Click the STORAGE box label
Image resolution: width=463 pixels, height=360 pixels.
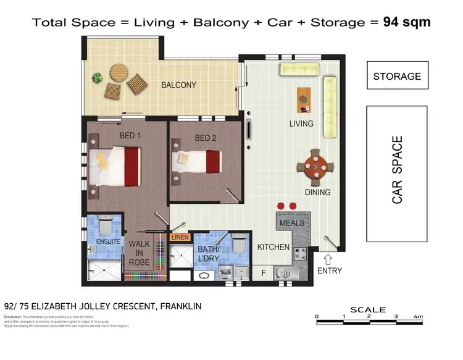click(x=397, y=77)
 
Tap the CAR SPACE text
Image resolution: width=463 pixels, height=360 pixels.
click(x=398, y=170)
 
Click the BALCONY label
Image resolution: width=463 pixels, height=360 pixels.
click(x=179, y=85)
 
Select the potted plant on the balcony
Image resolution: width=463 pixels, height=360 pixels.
click(x=97, y=78)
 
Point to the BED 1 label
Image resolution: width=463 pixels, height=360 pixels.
click(x=130, y=135)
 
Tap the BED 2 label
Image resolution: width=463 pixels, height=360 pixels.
click(x=206, y=138)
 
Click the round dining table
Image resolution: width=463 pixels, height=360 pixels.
click(x=315, y=167)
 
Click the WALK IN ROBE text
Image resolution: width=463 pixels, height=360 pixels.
click(x=140, y=253)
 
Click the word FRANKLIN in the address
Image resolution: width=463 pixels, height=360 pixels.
click(x=179, y=306)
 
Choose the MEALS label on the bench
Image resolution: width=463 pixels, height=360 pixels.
click(x=292, y=222)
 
